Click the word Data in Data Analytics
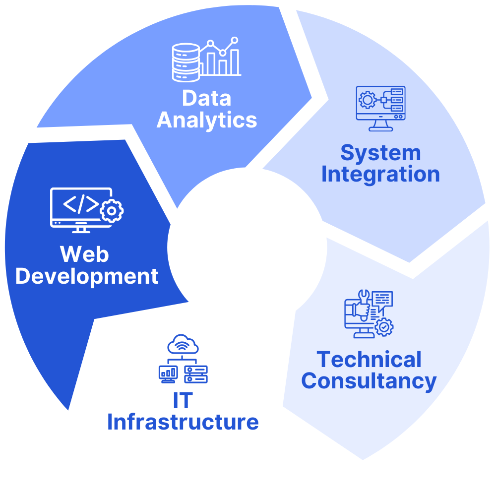tap(206, 98)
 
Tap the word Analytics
tap(207, 120)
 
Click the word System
tap(380, 154)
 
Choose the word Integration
tap(380, 175)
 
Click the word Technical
tap(369, 360)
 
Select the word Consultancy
tap(369, 381)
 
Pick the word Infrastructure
tap(183, 422)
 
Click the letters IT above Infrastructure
tap(183, 401)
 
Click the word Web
tap(84, 254)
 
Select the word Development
tap(87, 276)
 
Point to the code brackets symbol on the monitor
tap(80, 204)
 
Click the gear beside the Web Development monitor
tap(112, 211)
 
